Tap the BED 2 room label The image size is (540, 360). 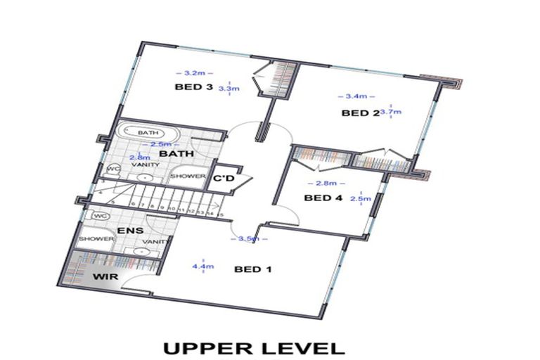(360, 112)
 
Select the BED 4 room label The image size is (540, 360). (323, 198)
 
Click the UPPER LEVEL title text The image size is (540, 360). (254, 347)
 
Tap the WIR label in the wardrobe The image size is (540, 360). (104, 277)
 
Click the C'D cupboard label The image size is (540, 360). (225, 178)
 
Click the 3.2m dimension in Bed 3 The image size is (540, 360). (193, 72)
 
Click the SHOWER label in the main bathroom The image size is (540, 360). (188, 176)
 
